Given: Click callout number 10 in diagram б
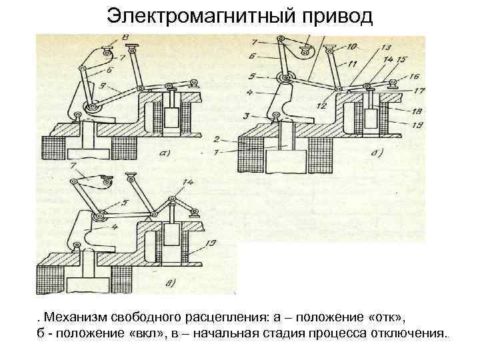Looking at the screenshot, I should coord(351,46).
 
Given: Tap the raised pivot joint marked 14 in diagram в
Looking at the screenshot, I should coord(173,197).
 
